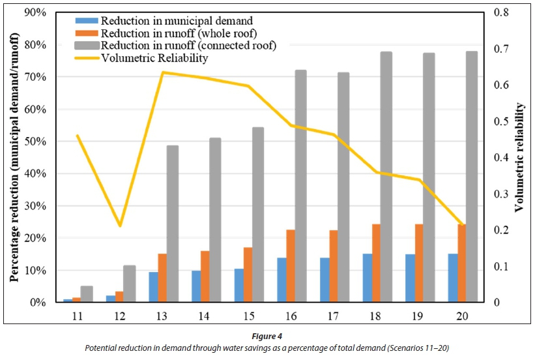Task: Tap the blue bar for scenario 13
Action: pyautogui.click(x=154, y=287)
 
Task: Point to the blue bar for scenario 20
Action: pyautogui.click(x=453, y=278)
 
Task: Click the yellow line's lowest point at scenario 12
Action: pyautogui.click(x=120, y=226)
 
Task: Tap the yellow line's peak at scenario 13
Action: pyautogui.click(x=162, y=72)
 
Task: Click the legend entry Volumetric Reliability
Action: pyautogui.click(x=154, y=58)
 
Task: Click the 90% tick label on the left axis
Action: pyautogui.click(x=33, y=13)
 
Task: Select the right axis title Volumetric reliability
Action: pyautogui.click(x=519, y=157)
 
